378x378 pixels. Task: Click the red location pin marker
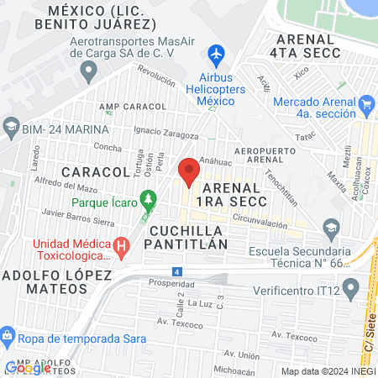(188, 171)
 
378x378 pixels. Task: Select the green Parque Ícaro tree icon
(149, 200)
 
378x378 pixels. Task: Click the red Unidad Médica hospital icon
(122, 247)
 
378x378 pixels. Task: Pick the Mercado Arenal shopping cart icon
(365, 104)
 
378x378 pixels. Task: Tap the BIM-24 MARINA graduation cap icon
(11, 129)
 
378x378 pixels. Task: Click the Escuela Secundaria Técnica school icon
(331, 228)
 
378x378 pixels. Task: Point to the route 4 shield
(176, 271)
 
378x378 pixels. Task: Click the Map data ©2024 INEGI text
(327, 370)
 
